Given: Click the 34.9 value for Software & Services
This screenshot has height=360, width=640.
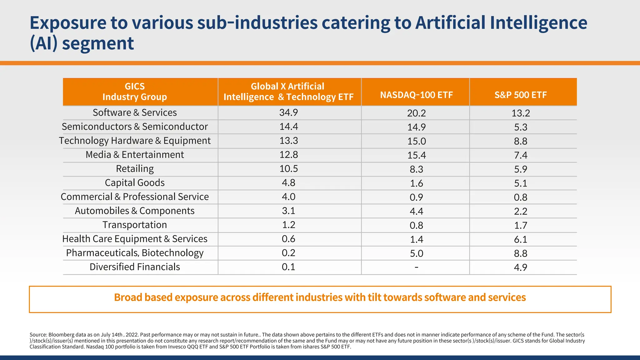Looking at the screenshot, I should point(288,112).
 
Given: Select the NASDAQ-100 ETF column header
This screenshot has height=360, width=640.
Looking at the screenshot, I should point(416,95).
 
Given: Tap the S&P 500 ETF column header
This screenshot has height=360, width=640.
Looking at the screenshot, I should point(521,95).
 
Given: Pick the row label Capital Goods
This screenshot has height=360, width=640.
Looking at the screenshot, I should point(135,183).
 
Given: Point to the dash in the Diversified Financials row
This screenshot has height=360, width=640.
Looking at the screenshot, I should point(416,267).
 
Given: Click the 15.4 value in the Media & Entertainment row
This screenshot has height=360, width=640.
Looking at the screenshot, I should point(416,155).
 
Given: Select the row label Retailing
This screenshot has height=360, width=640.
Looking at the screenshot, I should point(135,169).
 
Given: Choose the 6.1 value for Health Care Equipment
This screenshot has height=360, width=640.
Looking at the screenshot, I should point(521,239).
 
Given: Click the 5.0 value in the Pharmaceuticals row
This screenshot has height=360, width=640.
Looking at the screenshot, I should point(416,253).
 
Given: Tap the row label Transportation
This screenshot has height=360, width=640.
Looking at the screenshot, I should point(135,225).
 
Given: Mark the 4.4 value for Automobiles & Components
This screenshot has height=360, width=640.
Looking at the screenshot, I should point(416,211).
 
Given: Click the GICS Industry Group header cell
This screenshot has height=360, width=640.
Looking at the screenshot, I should point(135,92).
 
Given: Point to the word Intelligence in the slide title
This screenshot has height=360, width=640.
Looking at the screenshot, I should point(538,23).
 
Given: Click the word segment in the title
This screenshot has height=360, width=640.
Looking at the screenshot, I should point(98,43).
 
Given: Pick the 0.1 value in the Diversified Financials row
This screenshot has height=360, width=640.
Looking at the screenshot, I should point(288,267).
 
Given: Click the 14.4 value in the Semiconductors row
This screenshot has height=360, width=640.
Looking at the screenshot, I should point(288,127).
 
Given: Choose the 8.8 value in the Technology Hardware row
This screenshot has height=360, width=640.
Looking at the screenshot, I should point(521,141).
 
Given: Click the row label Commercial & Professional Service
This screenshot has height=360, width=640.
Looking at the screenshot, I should point(135,197).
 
